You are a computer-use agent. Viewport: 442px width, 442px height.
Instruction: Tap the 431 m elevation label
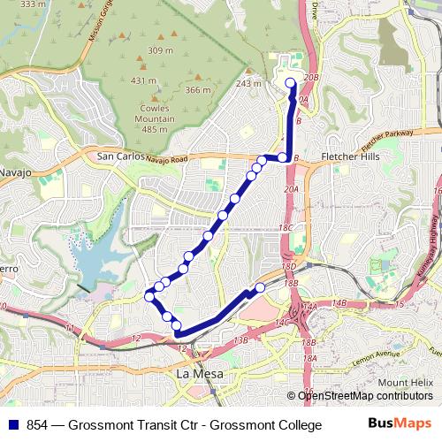coord(143,80)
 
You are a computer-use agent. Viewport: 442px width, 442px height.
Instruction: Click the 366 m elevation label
coord(198,90)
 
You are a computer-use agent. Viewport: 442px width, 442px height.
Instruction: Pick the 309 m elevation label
coord(160,50)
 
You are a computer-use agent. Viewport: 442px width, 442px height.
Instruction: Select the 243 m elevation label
coord(250,84)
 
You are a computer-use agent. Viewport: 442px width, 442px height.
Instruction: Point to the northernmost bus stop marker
coord(291,83)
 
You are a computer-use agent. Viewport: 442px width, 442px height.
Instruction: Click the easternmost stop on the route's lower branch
coord(261,287)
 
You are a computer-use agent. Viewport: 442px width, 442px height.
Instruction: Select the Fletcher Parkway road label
coord(388,141)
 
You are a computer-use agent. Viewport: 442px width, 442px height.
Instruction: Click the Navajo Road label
coord(167,159)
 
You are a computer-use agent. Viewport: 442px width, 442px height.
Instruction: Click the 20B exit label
coord(309,78)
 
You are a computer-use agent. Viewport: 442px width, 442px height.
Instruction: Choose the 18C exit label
coord(285,228)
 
